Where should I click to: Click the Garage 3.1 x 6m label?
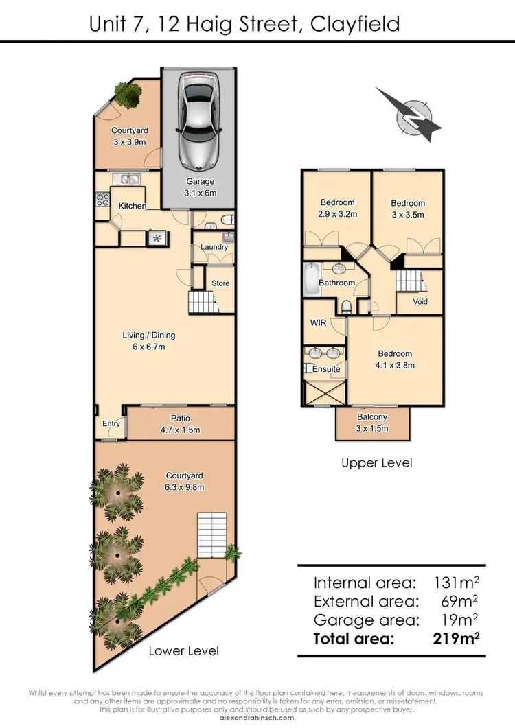201,187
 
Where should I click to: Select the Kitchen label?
132,206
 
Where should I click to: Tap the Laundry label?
214,247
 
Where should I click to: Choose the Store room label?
220,283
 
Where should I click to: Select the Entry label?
111,424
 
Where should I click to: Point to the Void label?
420,302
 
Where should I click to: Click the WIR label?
318,322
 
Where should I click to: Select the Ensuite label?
326,369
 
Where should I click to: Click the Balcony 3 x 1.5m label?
372,423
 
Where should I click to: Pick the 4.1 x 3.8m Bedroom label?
395,360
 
